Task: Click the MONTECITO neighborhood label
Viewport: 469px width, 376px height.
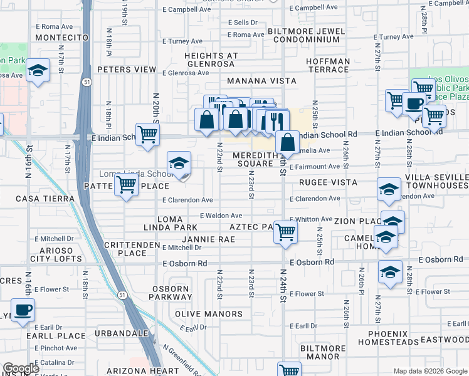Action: [x=62, y=38]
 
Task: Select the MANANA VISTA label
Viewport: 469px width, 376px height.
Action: [x=255, y=81]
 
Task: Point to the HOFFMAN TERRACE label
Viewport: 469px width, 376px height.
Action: [x=328, y=66]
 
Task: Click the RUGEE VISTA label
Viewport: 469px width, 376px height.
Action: [x=327, y=182]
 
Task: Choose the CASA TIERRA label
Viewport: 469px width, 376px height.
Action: [x=35, y=198]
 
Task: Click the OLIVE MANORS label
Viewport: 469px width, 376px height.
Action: [x=209, y=314]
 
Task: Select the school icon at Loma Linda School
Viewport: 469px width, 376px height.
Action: [x=179, y=163]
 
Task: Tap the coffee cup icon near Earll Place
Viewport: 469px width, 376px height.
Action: [x=23, y=310]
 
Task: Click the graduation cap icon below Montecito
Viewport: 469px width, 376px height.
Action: [x=38, y=71]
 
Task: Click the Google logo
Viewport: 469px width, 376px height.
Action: [x=21, y=368]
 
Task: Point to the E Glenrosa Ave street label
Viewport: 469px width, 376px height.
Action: [x=186, y=73]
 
